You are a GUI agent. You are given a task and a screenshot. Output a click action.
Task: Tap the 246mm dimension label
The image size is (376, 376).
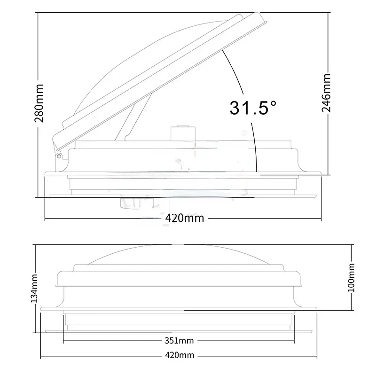click(326, 93)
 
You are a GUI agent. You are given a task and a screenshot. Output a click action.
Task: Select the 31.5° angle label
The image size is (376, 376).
click(252, 108)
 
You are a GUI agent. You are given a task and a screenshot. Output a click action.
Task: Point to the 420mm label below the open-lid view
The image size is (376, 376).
click(184, 219)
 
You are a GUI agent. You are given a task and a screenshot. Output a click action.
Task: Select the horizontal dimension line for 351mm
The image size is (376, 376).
click(117, 341)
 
